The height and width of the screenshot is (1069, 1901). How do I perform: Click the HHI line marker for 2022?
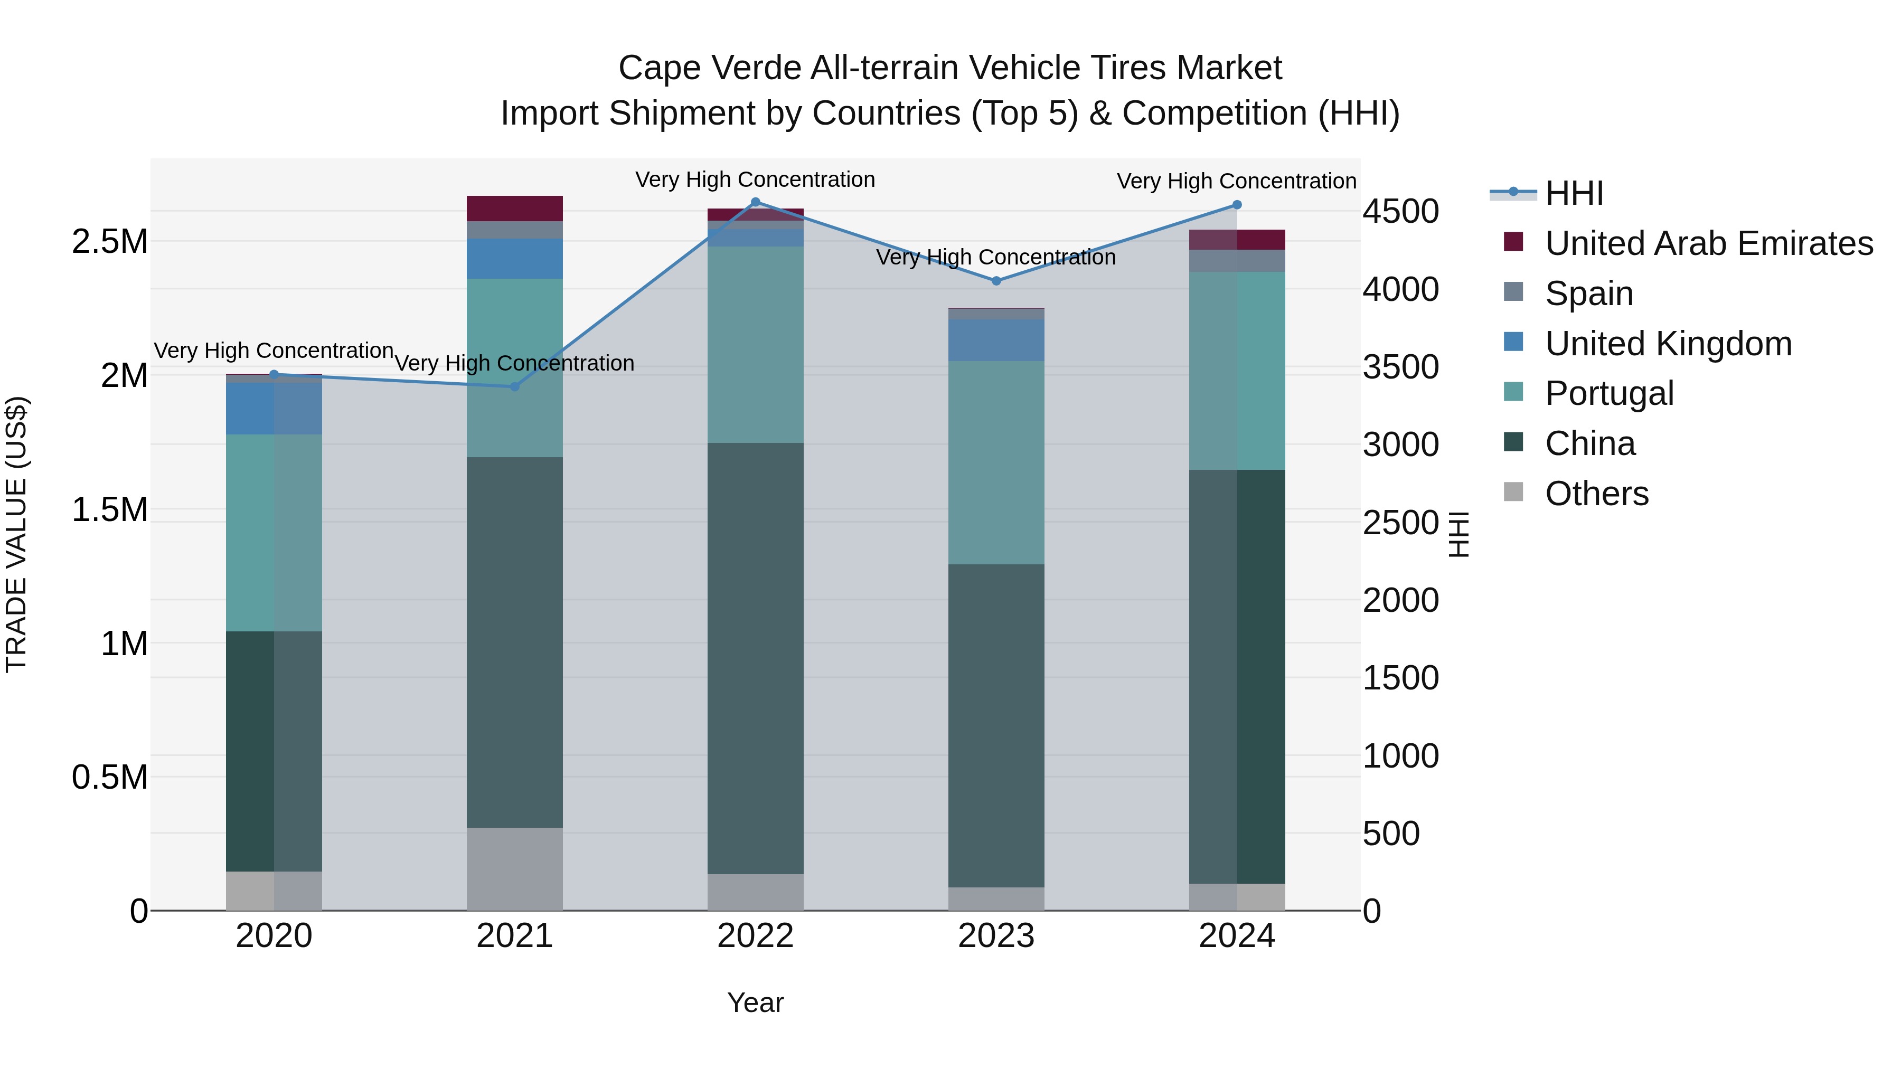coord(755,202)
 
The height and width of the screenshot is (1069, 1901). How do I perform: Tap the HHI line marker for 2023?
coord(996,281)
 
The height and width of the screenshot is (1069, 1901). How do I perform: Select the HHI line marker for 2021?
coord(515,386)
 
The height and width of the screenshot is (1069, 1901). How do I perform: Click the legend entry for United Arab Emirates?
coord(1708,243)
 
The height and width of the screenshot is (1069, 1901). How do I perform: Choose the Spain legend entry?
coord(1589,294)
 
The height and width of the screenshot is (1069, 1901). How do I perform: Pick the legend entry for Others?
coord(1596,494)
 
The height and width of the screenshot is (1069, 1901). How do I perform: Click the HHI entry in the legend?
coord(1574,193)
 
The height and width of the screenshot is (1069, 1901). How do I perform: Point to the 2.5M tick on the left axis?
coord(110,242)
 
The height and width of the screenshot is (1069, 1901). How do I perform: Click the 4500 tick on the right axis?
coord(1400,212)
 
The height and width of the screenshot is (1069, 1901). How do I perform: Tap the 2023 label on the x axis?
coord(996,936)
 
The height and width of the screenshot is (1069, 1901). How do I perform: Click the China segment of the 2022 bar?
coord(755,658)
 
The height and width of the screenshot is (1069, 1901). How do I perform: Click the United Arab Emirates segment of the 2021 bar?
coord(515,209)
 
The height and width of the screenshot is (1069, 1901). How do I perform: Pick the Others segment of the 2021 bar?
coord(515,868)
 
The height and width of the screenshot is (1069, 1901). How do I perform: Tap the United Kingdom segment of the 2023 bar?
coord(996,340)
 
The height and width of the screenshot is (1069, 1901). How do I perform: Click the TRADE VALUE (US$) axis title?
coord(16,534)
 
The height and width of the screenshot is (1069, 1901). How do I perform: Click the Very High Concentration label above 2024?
coord(1236,182)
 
